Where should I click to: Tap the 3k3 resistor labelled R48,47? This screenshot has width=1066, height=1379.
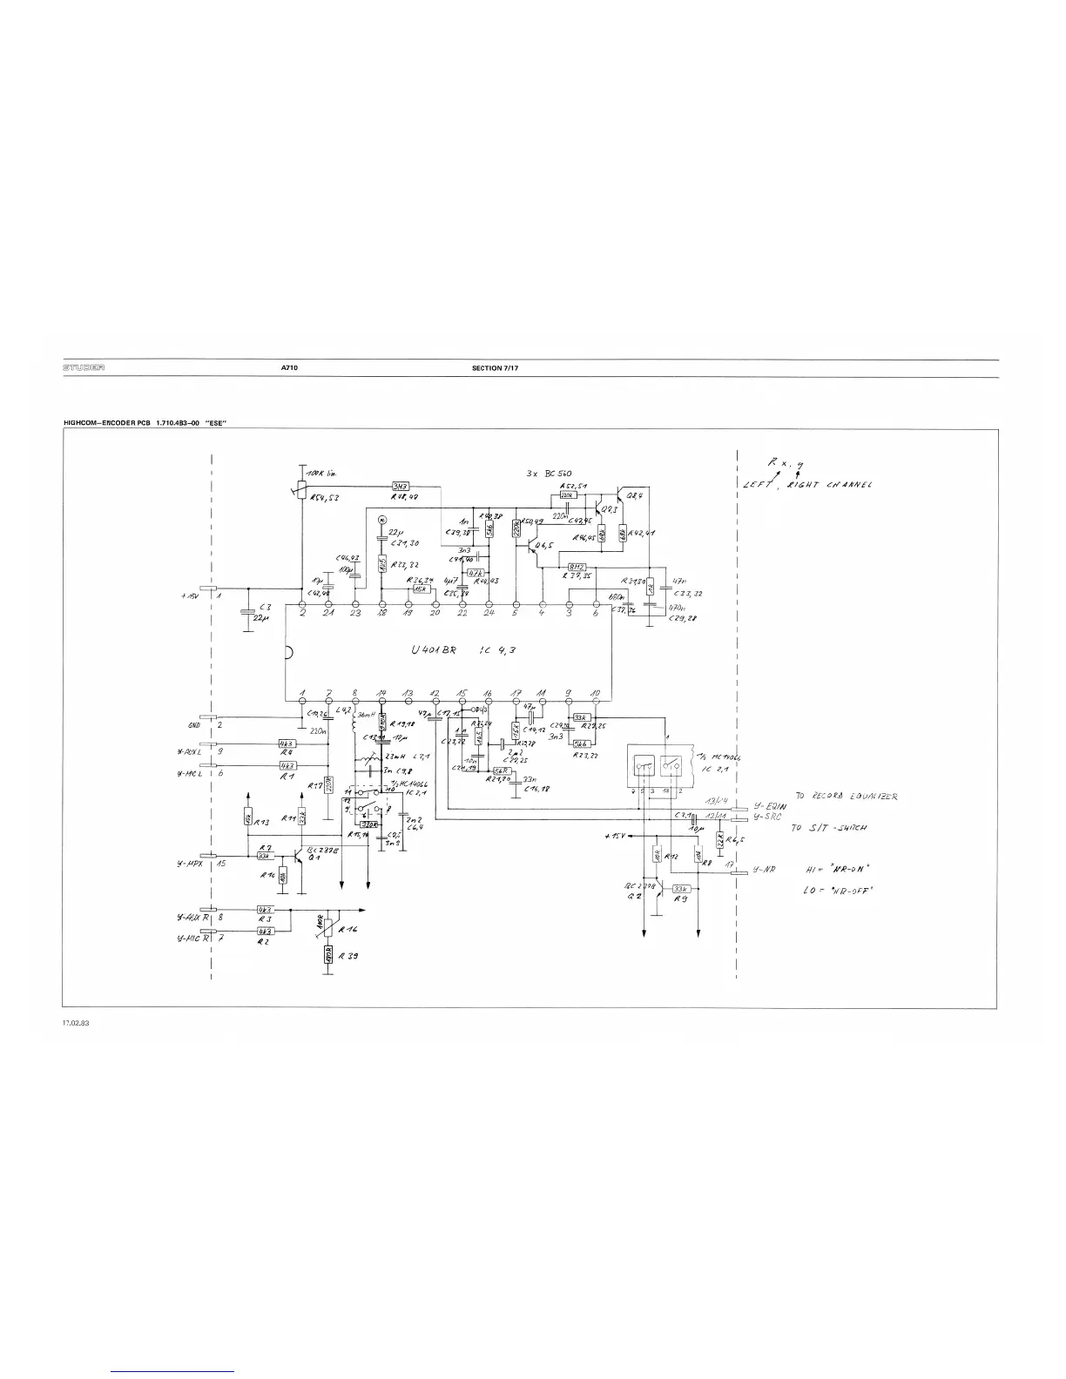click(401, 487)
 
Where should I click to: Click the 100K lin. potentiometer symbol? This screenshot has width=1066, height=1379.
click(301, 494)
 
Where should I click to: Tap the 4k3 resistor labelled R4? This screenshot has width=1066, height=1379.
click(285, 744)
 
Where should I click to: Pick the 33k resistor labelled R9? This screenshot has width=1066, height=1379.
click(682, 888)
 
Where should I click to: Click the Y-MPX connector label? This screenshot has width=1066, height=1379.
click(189, 864)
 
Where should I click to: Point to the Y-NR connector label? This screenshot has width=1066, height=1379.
click(763, 870)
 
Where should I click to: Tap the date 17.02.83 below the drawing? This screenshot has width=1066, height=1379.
click(77, 1023)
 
